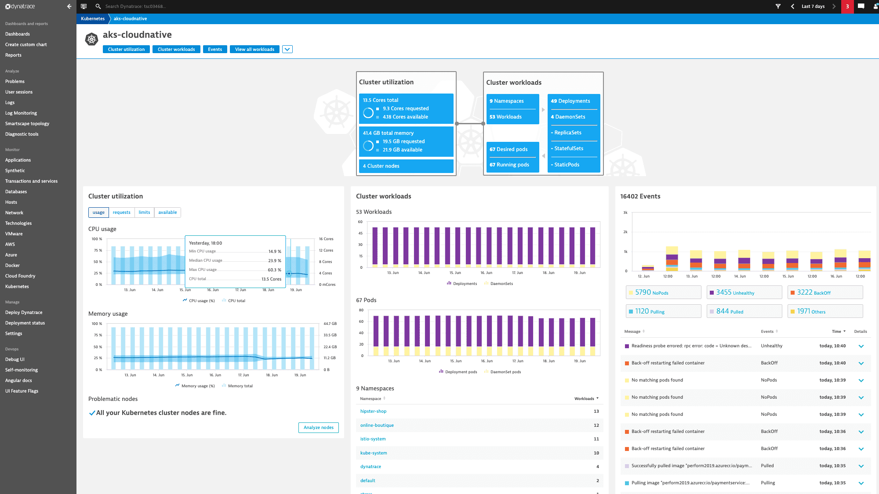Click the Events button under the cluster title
click(x=215, y=49)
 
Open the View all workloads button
click(x=254, y=49)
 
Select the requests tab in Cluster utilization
click(x=121, y=213)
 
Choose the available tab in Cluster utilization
click(x=167, y=213)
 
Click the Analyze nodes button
click(x=318, y=428)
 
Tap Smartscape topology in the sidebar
click(x=27, y=124)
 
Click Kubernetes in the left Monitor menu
click(x=17, y=287)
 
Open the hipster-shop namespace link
click(x=373, y=411)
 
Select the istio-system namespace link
click(x=373, y=439)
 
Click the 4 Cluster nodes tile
click(x=406, y=166)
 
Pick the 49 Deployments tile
click(x=573, y=101)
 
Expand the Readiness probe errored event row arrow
click(x=861, y=346)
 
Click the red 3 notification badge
click(x=847, y=7)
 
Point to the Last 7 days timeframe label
click(x=813, y=7)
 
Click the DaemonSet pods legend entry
click(x=505, y=372)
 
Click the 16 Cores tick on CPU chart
click(x=326, y=239)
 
